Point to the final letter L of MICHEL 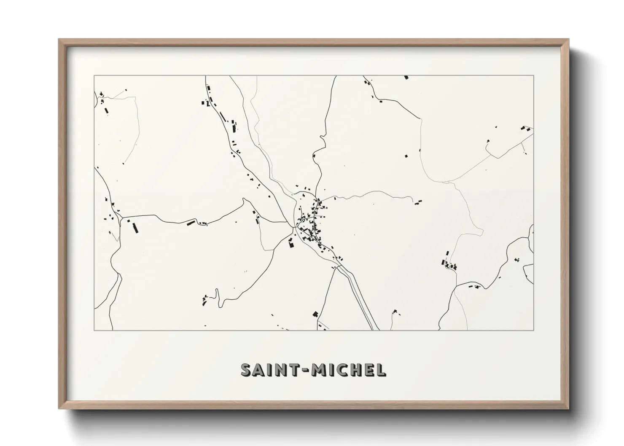(380, 370)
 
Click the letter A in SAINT (258, 370)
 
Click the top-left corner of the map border (94, 76)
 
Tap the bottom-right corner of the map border (534, 330)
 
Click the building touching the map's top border (406, 77)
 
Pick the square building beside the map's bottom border (315, 313)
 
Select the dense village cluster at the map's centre (311, 221)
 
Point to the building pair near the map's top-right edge (524, 128)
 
